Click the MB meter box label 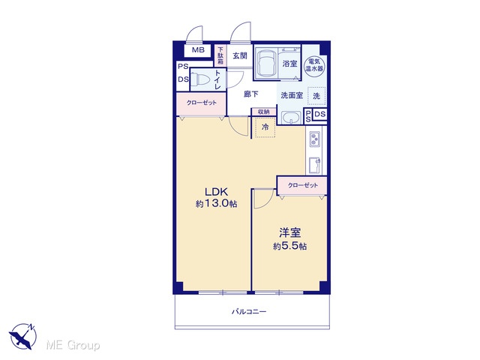[x=198, y=50]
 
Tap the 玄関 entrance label [x=240, y=55]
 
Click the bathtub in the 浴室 [x=266, y=63]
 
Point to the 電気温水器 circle [x=315, y=65]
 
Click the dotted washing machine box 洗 [x=316, y=96]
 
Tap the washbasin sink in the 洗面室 [x=291, y=117]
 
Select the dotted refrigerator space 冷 [x=265, y=127]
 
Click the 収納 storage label [x=263, y=112]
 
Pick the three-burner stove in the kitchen [x=315, y=139]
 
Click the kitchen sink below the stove [x=315, y=165]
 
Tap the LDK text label [x=217, y=192]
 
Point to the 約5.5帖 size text [x=289, y=246]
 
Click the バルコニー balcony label [x=249, y=312]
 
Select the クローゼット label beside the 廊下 [x=202, y=103]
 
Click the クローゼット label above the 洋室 [x=303, y=185]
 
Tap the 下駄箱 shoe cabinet [x=220, y=55]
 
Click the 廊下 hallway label [x=250, y=94]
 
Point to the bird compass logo [x=22, y=336]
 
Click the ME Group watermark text [x=73, y=345]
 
